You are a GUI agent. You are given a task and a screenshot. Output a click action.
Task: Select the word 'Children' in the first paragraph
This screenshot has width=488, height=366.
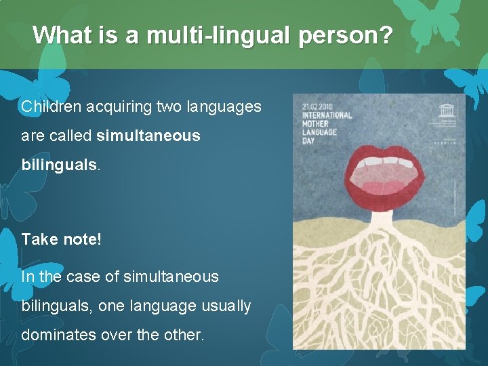[50, 106]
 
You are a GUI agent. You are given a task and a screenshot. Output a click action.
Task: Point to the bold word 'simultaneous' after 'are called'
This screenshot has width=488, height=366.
[148, 136]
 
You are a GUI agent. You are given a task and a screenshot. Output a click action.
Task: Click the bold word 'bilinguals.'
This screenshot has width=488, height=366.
[60, 165]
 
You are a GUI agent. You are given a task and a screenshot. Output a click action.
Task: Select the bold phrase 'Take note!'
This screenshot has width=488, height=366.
[61, 239]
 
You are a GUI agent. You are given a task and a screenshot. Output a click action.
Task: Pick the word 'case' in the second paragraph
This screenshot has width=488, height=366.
[85, 277]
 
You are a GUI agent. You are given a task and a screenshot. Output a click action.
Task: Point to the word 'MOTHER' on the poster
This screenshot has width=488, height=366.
[316, 123]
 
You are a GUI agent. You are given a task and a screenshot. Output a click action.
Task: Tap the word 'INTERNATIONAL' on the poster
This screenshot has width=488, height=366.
[327, 115]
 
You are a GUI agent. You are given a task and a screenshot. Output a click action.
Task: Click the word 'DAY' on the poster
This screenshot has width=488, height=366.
[309, 141]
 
